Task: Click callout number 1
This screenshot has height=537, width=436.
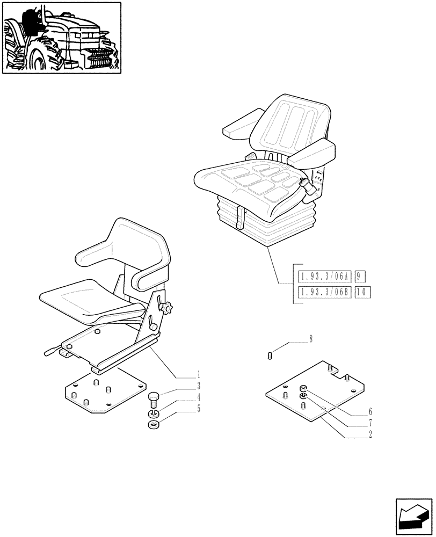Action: (x=198, y=374)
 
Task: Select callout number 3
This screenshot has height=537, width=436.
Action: (x=198, y=386)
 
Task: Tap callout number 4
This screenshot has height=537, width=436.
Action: (x=198, y=397)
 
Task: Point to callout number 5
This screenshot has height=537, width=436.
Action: (x=198, y=409)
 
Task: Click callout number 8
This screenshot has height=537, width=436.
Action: (x=310, y=339)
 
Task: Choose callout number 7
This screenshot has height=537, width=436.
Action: (x=370, y=423)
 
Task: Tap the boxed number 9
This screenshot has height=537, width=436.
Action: (x=360, y=278)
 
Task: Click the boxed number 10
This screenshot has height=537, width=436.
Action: (x=363, y=292)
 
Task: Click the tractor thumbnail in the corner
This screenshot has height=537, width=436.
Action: (x=61, y=38)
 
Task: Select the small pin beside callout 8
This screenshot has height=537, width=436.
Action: (x=270, y=354)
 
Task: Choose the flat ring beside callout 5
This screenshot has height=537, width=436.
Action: (x=152, y=425)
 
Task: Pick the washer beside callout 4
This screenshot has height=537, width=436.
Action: (x=152, y=414)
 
